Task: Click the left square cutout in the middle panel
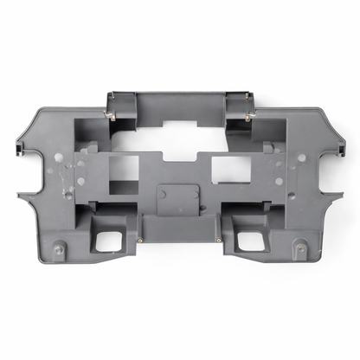(123, 170)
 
